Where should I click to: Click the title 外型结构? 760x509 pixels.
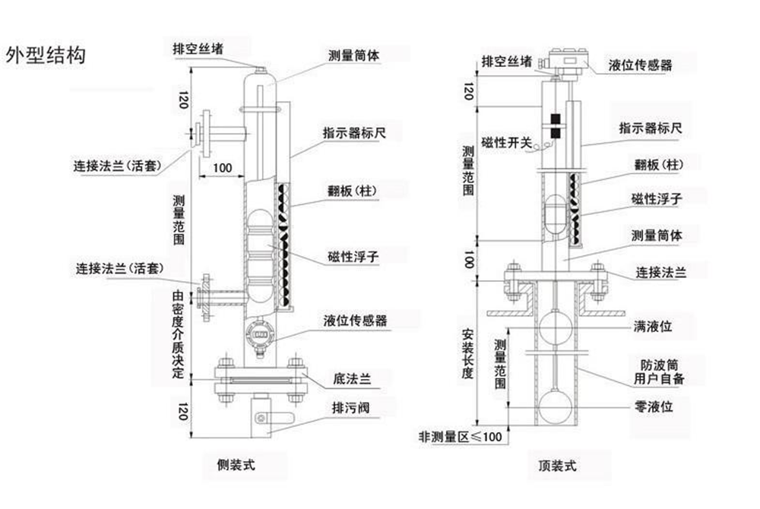[45, 55]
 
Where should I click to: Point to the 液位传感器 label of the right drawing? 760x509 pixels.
[641, 65]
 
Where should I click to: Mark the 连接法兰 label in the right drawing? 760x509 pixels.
[660, 272]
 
